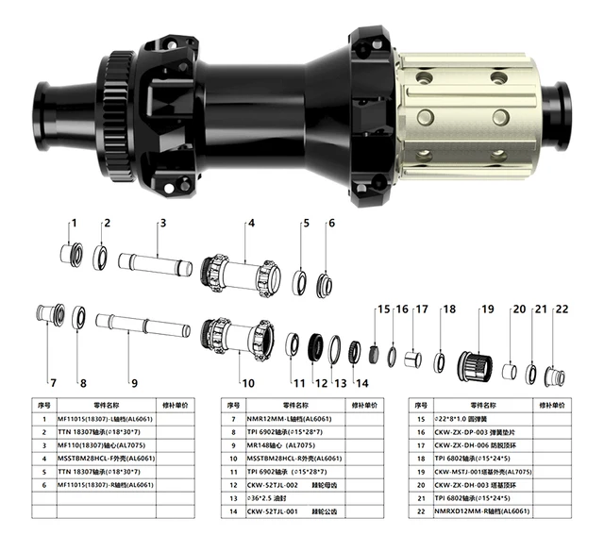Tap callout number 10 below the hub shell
(247, 383)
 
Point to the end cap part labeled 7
(50, 313)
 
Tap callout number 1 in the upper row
(74, 224)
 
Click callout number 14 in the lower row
(362, 383)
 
